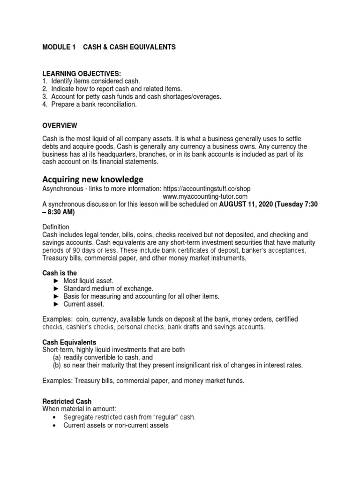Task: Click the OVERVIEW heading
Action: pyautogui.click(x=60, y=126)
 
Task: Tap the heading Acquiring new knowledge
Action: pyautogui.click(x=93, y=180)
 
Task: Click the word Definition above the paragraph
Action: pyautogui.click(x=56, y=226)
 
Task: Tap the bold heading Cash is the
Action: pyautogui.click(x=60, y=272)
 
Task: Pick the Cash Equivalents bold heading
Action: pyautogui.click(x=69, y=342)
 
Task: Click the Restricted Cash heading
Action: pyautogui.click(x=67, y=402)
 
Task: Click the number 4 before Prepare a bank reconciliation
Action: pyautogui.click(x=45, y=105)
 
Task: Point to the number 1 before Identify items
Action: pyautogui.click(x=45, y=81)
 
